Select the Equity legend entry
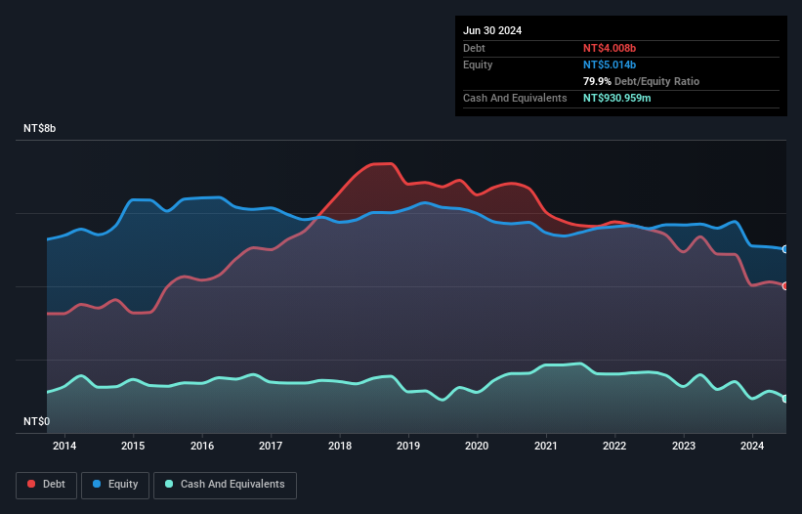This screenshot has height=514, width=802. point(116,485)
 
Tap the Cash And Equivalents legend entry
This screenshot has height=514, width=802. point(225,485)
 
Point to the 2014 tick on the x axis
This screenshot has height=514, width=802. point(64,447)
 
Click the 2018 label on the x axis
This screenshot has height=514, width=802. point(340,447)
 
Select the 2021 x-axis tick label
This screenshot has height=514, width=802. point(546,447)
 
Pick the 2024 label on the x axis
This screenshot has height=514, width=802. point(752,447)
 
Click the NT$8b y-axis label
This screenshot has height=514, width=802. point(44,129)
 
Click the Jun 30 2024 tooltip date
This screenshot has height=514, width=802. point(492,30)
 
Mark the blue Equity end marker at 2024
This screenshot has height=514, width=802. point(785,249)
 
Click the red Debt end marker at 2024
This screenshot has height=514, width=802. point(785,285)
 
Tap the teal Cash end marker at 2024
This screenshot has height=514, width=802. point(785,399)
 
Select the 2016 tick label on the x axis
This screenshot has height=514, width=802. point(202,447)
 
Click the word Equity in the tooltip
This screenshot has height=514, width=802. point(478,64)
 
